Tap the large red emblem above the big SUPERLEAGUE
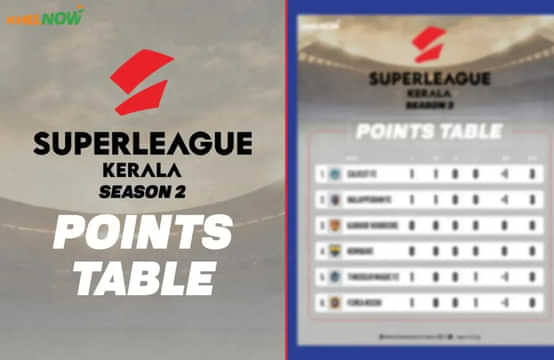click(x=142, y=83)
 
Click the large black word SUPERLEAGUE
click(x=142, y=143)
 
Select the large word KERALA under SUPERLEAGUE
click(x=142, y=168)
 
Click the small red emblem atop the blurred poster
click(x=430, y=44)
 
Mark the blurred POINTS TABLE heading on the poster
click(x=430, y=130)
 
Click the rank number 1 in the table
click(x=322, y=172)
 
